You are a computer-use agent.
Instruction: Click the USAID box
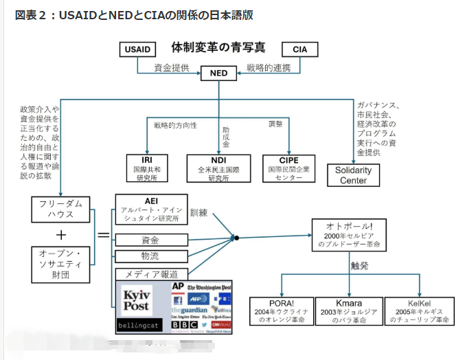coord(137,50)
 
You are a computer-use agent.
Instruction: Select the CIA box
coord(299,50)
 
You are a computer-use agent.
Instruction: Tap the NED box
coord(218,74)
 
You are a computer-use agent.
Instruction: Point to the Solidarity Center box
coord(354,175)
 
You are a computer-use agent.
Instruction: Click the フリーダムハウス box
coord(60,209)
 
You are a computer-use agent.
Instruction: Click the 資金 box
coord(150,240)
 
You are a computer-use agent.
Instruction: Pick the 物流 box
coord(150,257)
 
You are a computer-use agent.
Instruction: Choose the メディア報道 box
coord(150,274)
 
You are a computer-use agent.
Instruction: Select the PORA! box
coord(281,311)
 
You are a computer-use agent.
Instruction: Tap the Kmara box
coord(348,311)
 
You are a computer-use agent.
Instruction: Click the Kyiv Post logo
coord(137,300)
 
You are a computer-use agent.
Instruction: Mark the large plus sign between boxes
coord(60,235)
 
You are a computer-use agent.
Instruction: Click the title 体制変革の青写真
coord(218,48)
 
